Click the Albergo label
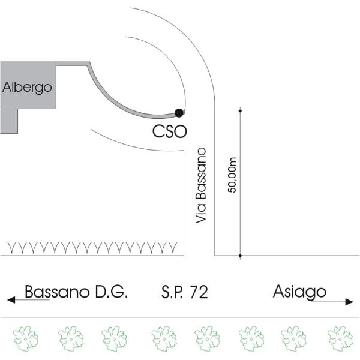click(x=28, y=87)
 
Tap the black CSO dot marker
click(x=178, y=112)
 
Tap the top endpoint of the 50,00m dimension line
click(x=240, y=110)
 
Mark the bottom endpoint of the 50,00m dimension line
click(x=240, y=256)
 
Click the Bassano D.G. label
click(x=76, y=292)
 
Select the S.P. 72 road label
click(x=184, y=292)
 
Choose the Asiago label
click(x=299, y=292)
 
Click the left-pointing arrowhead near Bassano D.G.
click(x=10, y=298)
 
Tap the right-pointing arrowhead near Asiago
click(x=350, y=301)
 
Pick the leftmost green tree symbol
click(x=24, y=338)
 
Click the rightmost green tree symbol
click(x=338, y=338)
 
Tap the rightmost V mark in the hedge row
click(x=173, y=247)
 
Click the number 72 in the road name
click(x=199, y=292)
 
